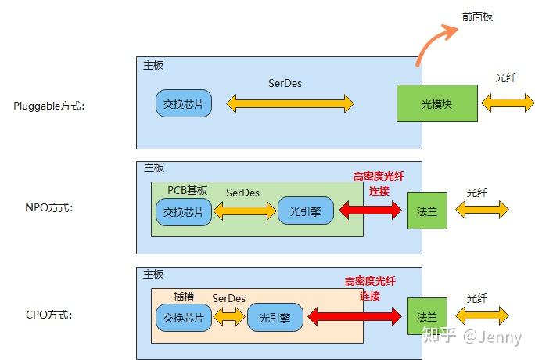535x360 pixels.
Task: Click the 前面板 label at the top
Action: coord(477,16)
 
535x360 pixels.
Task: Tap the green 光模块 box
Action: coord(436,103)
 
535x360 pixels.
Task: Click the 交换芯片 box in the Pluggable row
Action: coord(184,103)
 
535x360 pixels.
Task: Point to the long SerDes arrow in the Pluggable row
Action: coord(290,103)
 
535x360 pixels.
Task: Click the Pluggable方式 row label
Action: coord(48,105)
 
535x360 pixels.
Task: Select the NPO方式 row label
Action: coord(48,209)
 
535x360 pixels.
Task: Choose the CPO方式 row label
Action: coord(48,315)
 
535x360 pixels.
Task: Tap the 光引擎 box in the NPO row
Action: coord(306,211)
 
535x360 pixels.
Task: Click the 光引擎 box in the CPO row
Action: coord(275,318)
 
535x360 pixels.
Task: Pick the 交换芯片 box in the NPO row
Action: coord(184,211)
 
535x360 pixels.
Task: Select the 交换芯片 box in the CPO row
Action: coord(184,318)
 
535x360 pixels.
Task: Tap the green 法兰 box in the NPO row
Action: coord(427,210)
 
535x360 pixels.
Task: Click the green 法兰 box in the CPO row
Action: coord(427,317)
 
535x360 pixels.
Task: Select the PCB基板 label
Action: coord(188,190)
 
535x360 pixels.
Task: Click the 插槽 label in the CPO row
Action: coord(184,297)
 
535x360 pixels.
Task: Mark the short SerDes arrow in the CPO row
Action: coord(229,317)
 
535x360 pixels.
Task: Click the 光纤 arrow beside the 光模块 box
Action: coord(507,102)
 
